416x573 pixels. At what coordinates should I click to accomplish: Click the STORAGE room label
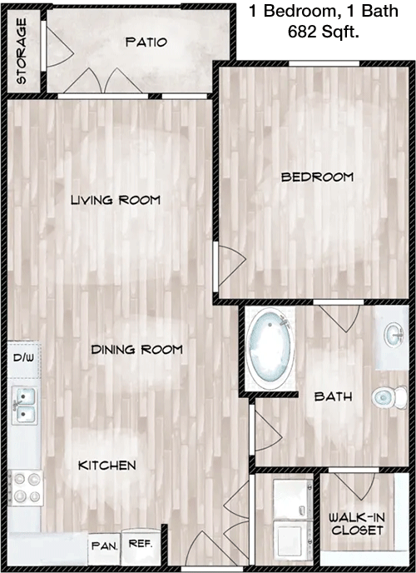[x=22, y=52]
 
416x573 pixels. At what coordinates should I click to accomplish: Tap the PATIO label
[x=146, y=42]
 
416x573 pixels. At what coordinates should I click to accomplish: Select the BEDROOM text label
[x=318, y=177]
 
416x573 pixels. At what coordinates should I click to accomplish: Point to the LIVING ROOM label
[x=116, y=200]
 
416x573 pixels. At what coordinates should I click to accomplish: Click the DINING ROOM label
[x=136, y=349]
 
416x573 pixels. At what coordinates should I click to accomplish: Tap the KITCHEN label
[x=107, y=466]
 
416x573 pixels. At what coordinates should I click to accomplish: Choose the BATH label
[x=333, y=396]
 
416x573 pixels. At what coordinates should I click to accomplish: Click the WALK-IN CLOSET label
[x=356, y=523]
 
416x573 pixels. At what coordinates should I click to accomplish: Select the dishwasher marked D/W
[x=23, y=360]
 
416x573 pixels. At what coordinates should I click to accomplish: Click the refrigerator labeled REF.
[x=141, y=546]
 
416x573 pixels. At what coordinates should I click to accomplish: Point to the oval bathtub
[x=270, y=348]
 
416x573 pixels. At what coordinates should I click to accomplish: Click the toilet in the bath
[x=389, y=397]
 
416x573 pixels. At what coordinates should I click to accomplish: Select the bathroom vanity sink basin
[x=394, y=335]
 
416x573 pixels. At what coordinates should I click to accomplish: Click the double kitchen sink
[x=24, y=406]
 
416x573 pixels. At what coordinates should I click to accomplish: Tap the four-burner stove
[x=26, y=488]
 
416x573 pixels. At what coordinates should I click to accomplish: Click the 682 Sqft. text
[x=324, y=32]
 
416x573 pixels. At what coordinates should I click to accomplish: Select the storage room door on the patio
[x=58, y=47]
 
